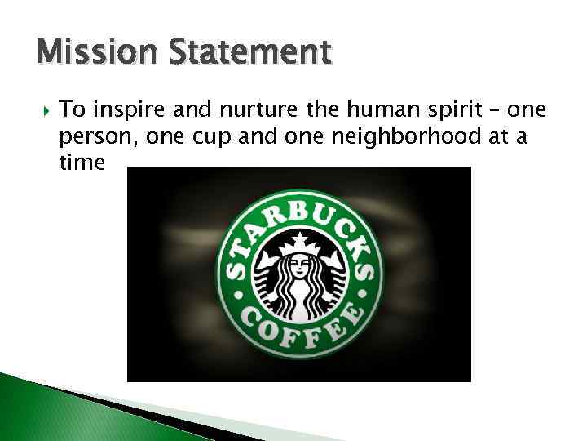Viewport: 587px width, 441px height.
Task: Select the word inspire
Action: point(119,109)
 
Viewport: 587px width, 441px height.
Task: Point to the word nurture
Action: point(226,109)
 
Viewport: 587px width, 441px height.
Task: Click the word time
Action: point(82,163)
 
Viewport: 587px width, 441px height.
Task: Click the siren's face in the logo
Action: point(299,268)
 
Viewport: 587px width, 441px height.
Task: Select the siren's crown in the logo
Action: point(299,241)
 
